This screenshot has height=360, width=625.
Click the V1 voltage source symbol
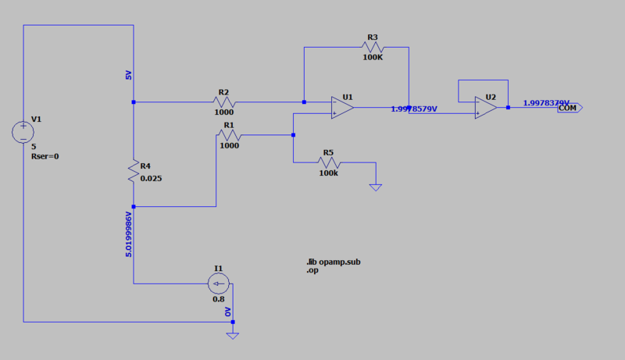tap(23, 131)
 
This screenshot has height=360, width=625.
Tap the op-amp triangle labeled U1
tap(341, 107)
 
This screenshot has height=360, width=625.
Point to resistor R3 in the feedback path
tap(371, 48)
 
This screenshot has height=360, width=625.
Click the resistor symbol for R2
tap(224, 102)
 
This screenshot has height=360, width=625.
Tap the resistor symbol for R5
tap(328, 162)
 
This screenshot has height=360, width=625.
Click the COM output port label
tap(569, 108)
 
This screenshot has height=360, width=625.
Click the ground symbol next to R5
tap(376, 187)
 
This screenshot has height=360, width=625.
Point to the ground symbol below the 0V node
tap(232, 334)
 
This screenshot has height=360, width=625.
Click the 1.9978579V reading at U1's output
tap(414, 109)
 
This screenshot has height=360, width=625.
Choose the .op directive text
tap(314, 270)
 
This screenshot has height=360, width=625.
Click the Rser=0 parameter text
tap(45, 156)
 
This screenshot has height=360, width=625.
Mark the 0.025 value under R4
tap(152, 178)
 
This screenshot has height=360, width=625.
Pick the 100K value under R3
tap(373, 57)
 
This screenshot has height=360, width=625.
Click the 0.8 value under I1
tap(218, 299)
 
